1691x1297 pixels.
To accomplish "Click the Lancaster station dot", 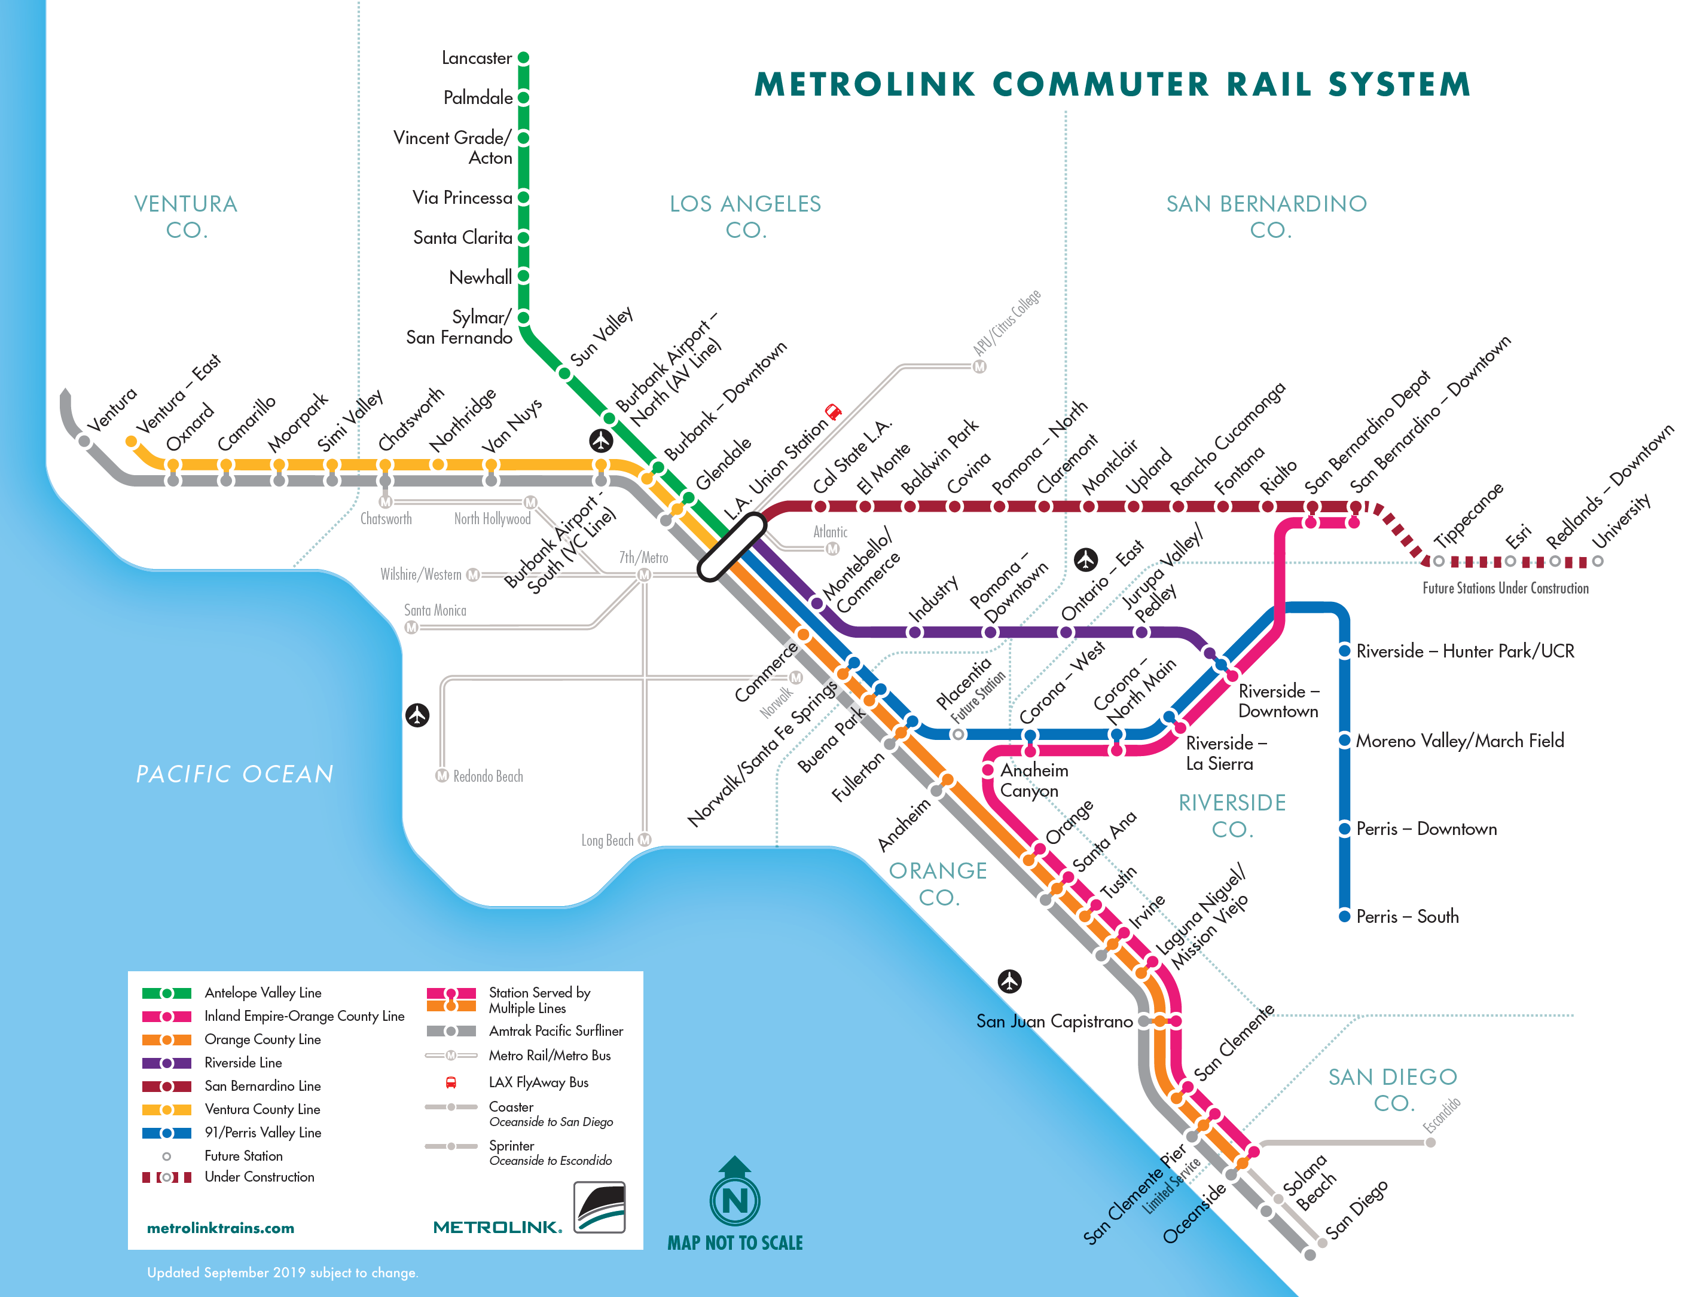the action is pos(523,58).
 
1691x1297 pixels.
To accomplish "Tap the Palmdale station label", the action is pos(478,98).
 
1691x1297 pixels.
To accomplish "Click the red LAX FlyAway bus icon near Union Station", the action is pos(833,411).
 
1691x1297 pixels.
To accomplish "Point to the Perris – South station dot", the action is pos(1344,916).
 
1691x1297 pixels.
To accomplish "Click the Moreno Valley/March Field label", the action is pos(1460,741).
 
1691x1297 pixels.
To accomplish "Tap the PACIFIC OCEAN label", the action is pos(235,775).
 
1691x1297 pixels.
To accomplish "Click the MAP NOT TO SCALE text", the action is pos(735,1243).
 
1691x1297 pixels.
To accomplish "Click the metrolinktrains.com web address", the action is pos(221,1228).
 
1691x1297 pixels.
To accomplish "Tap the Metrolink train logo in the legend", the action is pos(599,1207).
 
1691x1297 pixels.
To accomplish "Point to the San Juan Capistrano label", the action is pos(1054,1021).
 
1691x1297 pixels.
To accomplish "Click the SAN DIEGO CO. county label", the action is pos(1393,1090).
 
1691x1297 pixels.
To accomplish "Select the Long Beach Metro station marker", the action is pos(645,840).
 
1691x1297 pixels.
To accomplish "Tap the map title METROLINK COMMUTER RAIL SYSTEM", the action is pos(1113,84).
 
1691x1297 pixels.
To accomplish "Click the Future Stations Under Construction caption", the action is pos(1506,588).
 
